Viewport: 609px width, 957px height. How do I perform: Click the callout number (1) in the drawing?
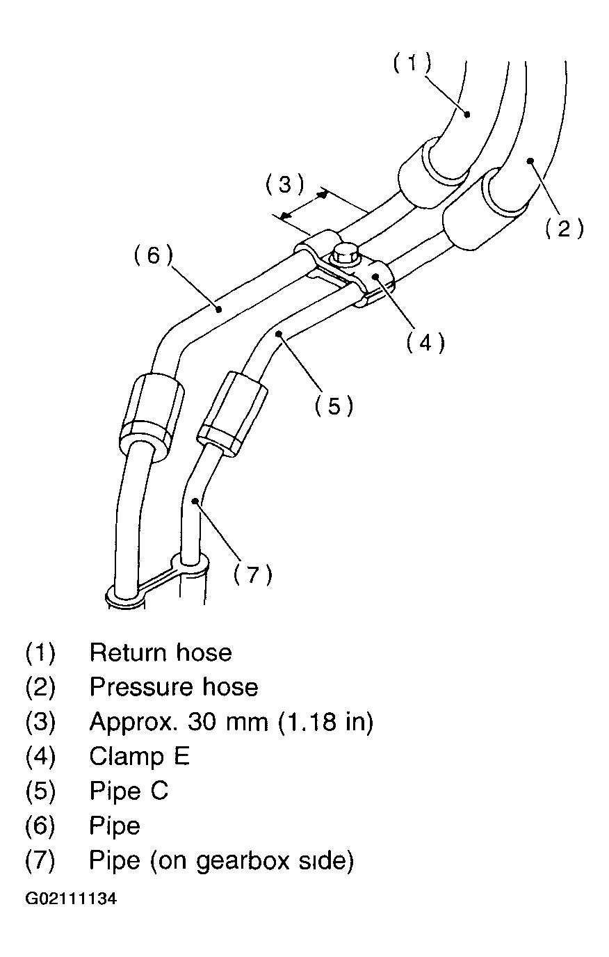tap(412, 63)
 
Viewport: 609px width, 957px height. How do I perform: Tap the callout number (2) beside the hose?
tap(563, 227)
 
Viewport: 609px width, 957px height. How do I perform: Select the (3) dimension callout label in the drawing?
tap(284, 185)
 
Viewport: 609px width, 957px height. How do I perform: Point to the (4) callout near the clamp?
tap(425, 342)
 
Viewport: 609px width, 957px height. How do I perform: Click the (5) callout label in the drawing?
tap(334, 405)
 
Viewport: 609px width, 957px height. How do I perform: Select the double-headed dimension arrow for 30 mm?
tap(302, 205)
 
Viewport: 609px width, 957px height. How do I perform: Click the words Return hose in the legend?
tap(161, 652)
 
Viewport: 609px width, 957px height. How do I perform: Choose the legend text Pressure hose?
tap(174, 687)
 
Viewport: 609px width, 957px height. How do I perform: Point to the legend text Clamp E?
tap(139, 756)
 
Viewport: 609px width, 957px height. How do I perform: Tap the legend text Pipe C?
tap(129, 791)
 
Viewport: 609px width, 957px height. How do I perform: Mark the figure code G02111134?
tap(71, 899)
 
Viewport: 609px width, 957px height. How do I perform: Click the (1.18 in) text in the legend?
tap(326, 722)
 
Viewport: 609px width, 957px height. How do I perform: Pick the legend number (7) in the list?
tap(40, 861)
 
